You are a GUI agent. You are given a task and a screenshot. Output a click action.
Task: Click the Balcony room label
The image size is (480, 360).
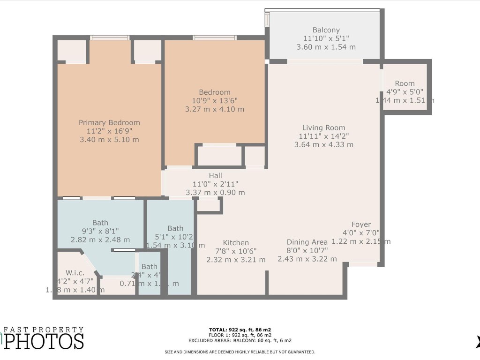tap(326, 30)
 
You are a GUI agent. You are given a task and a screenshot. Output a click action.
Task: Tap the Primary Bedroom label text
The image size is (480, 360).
tap(109, 123)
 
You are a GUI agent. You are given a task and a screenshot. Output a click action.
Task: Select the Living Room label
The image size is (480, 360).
tap(323, 127)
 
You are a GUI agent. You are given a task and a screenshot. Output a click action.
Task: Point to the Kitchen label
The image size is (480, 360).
tap(236, 243)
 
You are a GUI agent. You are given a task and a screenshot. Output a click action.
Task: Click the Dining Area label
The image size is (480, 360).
tap(307, 242)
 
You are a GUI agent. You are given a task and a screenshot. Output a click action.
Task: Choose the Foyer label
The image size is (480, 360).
tap(361, 225)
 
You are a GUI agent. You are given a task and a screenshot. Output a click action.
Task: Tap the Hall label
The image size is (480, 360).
tap(215, 175)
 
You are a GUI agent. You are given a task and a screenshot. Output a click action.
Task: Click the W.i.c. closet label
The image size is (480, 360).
tap(75, 272)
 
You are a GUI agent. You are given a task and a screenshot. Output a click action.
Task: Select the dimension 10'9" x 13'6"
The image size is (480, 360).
tap(215, 101)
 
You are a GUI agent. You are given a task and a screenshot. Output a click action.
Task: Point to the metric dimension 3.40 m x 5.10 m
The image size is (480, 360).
tap(109, 140)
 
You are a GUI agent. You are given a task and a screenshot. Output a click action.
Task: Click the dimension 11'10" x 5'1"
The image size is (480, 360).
tap(326, 38)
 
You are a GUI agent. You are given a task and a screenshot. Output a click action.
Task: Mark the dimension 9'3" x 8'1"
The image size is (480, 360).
tap(100, 231)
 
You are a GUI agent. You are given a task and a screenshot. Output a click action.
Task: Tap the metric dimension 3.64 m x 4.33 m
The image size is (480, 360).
tap(323, 145)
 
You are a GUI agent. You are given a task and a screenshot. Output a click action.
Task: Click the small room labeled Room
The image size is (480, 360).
tap(405, 83)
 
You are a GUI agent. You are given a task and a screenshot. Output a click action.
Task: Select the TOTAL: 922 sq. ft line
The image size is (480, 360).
tap(240, 330)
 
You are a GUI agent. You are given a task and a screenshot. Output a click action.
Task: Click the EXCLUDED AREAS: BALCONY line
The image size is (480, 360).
tap(240, 341)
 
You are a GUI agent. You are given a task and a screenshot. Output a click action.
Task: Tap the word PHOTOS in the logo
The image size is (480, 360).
tap(45, 341)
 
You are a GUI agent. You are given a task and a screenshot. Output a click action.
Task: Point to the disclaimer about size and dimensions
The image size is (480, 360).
tap(240, 352)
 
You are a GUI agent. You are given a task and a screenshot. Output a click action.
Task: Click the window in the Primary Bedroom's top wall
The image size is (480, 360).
tap(110, 37)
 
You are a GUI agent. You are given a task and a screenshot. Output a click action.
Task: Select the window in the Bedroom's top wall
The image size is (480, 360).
tap(215, 37)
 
